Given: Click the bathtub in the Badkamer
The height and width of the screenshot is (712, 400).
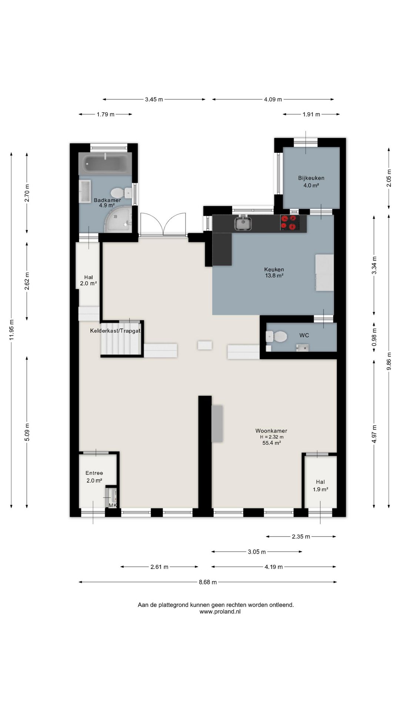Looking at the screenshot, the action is pos(107,163).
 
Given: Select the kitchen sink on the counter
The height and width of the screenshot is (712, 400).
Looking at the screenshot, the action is pos(243,223).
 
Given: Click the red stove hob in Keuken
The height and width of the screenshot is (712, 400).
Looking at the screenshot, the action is pos(289,223).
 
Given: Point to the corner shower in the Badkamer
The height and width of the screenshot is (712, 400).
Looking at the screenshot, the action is pos(119,220).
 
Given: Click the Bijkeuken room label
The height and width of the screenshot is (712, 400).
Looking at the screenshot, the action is pos(311,178).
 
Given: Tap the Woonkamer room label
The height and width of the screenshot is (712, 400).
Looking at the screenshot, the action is pos(271,431).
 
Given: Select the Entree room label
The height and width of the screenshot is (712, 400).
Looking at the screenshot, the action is pos(94,473).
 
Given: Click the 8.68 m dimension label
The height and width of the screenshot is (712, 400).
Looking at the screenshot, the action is pos(208,582).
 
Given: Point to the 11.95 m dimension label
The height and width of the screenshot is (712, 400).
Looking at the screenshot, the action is pos(12,330).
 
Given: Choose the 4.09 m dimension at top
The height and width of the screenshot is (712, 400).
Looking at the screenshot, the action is pos(273,99).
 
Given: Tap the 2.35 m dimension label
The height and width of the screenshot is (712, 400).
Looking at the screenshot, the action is pos(301,536).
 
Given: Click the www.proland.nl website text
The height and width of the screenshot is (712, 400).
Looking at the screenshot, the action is pos(220,612).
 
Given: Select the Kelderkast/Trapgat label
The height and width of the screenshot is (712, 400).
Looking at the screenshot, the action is pos(115,330).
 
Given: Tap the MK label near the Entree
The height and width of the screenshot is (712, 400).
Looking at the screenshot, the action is pos(113,505).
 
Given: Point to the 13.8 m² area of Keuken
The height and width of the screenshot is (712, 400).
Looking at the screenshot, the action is pos(274,276).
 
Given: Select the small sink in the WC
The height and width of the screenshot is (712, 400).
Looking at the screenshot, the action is pos(302,347).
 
